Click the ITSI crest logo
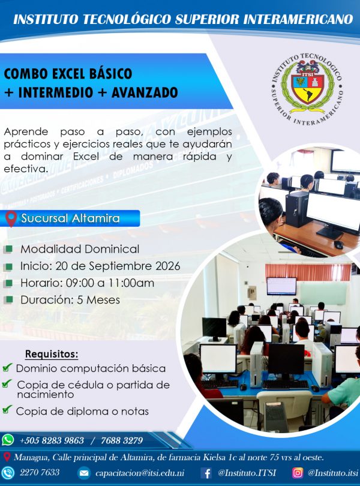(308, 89)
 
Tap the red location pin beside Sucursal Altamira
(11, 218)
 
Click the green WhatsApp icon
(8, 440)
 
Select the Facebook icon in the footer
(206, 473)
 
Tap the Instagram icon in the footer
(298, 473)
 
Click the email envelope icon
(84, 473)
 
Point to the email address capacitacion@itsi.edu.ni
(140, 473)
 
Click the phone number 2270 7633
(40, 472)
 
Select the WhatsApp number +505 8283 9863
(52, 440)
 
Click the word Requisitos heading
(52, 353)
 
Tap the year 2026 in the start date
(168, 266)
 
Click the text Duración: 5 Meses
(70, 300)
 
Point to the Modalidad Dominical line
(80, 249)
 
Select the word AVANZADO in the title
(145, 92)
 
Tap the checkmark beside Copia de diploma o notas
(7, 409)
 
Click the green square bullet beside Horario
(8, 283)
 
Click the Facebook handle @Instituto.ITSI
(247, 473)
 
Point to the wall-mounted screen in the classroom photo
(281, 286)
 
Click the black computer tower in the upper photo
(296, 209)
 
